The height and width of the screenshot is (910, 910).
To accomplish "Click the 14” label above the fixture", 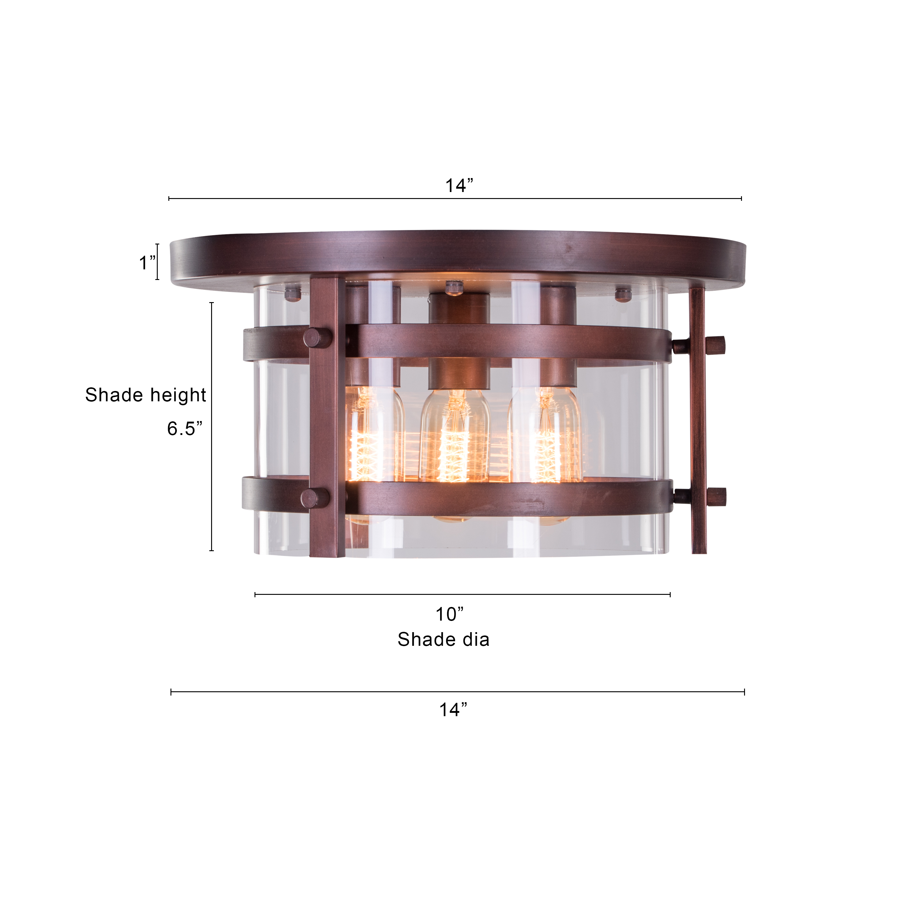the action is [459, 186].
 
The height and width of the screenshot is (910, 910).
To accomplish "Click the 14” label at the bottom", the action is [453, 709].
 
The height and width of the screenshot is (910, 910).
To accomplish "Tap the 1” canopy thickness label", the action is [147, 262].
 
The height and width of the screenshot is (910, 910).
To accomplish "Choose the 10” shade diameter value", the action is [449, 614].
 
